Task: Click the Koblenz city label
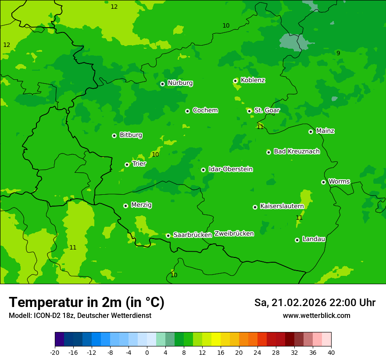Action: (253, 80)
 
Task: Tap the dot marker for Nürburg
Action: (162, 84)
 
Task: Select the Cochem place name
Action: (205, 111)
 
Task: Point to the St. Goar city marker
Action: (250, 111)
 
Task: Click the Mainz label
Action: (325, 131)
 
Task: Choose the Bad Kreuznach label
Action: (297, 151)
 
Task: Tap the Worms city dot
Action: (323, 182)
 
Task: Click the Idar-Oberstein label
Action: (230, 169)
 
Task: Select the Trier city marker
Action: (127, 164)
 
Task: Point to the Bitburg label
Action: (131, 135)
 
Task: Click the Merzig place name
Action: (141, 205)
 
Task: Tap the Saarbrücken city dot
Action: (168, 236)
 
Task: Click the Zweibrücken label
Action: (234, 234)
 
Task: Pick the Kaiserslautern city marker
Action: (255, 207)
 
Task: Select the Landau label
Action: (314, 239)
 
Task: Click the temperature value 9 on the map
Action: (338, 53)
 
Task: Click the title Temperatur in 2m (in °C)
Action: (86, 302)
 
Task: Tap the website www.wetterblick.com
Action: (316, 315)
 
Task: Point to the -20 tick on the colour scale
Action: (55, 352)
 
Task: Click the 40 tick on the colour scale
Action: (331, 352)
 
